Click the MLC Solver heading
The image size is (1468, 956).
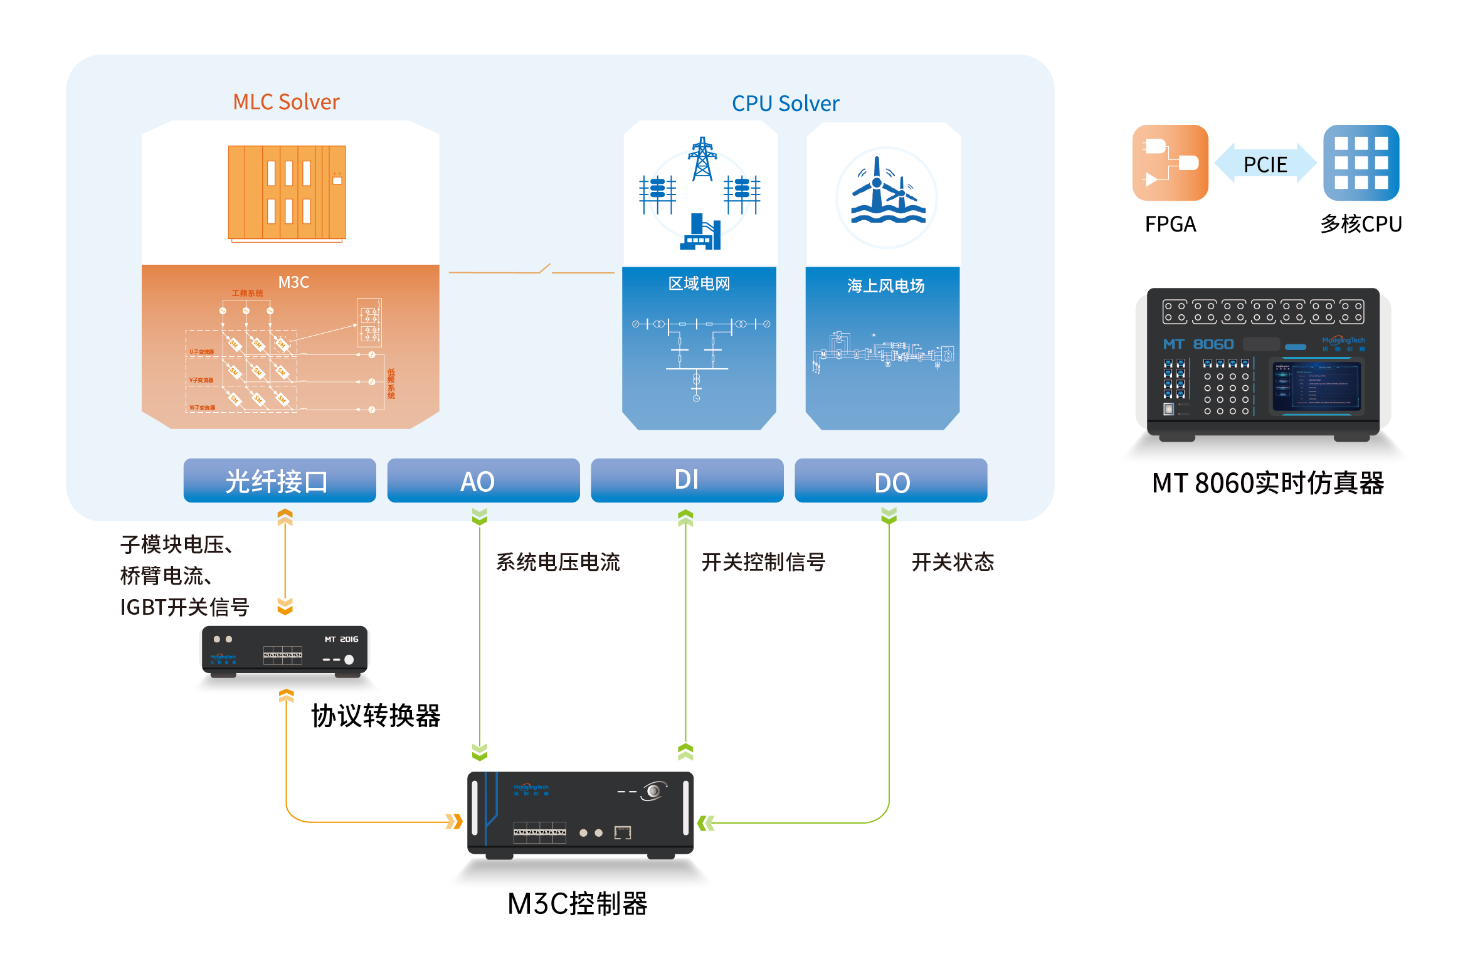pyautogui.click(x=286, y=102)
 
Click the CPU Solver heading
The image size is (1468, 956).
pyautogui.click(x=785, y=104)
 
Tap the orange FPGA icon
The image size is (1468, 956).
pyautogui.click(x=1170, y=163)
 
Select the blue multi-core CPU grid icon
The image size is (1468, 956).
pyautogui.click(x=1361, y=163)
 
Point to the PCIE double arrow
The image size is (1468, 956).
pyautogui.click(x=1265, y=164)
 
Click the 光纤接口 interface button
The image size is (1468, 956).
pyautogui.click(x=280, y=481)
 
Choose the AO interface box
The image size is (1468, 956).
pyautogui.click(x=483, y=481)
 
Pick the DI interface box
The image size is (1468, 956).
pyautogui.click(x=687, y=481)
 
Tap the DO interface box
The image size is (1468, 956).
pyautogui.click(x=890, y=481)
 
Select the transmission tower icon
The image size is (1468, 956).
pyautogui.click(x=702, y=159)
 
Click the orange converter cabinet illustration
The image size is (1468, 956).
pyautogui.click(x=287, y=192)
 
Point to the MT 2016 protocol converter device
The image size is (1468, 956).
pyautogui.click(x=285, y=651)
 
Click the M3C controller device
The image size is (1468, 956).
pyautogui.click(x=580, y=814)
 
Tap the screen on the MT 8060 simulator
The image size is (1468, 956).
pyautogui.click(x=1316, y=386)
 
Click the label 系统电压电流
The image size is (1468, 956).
pyautogui.click(x=557, y=562)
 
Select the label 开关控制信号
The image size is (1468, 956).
pyautogui.click(x=763, y=562)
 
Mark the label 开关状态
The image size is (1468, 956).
pyautogui.click(x=953, y=562)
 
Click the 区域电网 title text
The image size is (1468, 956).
pyautogui.click(x=699, y=284)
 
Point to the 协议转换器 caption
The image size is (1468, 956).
pyautogui.click(x=376, y=716)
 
